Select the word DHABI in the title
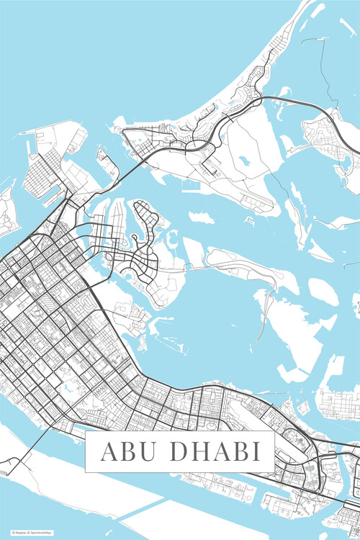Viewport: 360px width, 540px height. pos(215,452)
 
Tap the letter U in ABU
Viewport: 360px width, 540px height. pos(147,452)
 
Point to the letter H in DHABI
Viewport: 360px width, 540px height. pos(198,452)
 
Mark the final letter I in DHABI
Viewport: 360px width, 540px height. pos(256,452)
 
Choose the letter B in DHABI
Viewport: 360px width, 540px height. pos(240,452)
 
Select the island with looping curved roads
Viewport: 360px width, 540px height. pos(144,238)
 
